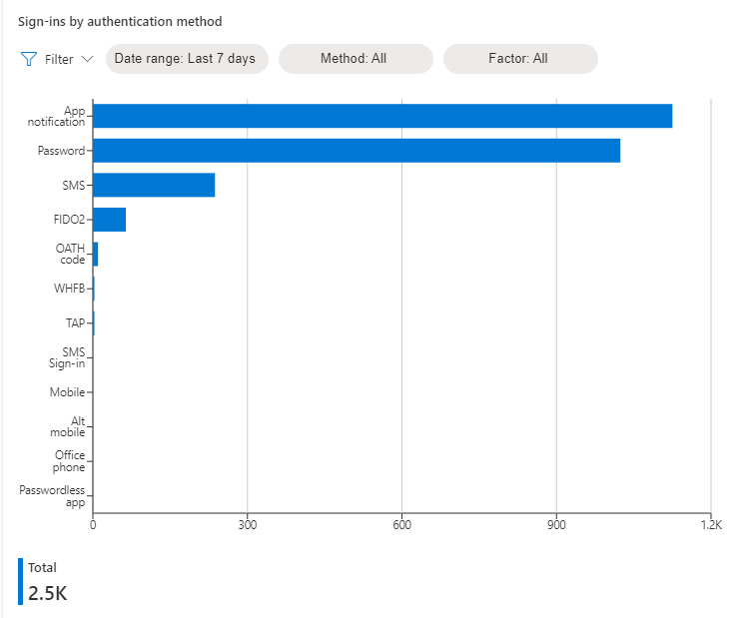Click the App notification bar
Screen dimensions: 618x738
(x=381, y=116)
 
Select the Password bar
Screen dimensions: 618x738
(x=356, y=151)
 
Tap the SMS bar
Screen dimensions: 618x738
(x=154, y=185)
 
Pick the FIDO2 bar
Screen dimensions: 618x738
(x=109, y=220)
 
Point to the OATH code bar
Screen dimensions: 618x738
(x=96, y=254)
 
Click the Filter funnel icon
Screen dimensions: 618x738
(x=29, y=59)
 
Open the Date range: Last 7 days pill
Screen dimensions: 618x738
(x=185, y=59)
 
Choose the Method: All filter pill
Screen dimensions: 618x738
(x=354, y=59)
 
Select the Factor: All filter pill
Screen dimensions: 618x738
(x=518, y=59)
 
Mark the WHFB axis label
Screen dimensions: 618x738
(x=69, y=289)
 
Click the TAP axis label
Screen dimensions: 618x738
(x=73, y=323)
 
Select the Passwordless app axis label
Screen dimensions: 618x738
(x=52, y=496)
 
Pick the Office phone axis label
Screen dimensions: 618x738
(x=70, y=461)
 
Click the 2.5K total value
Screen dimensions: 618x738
(x=47, y=592)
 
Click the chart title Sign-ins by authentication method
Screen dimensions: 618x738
(x=120, y=21)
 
